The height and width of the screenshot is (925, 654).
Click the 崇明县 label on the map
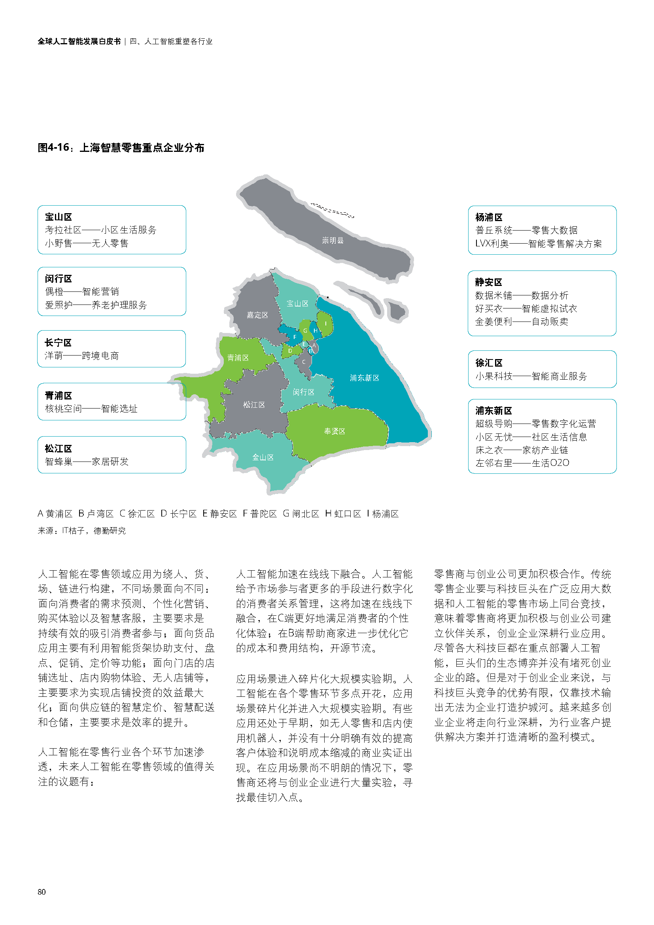(x=333, y=240)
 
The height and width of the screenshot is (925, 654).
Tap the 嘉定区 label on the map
(x=257, y=315)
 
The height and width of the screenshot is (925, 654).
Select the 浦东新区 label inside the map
(x=365, y=378)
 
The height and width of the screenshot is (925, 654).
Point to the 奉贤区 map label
(x=335, y=431)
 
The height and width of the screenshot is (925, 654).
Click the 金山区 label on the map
(x=263, y=457)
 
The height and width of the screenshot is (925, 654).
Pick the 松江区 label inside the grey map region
(x=254, y=405)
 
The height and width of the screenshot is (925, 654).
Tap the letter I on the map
(x=326, y=323)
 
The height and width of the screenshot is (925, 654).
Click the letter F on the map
(x=295, y=337)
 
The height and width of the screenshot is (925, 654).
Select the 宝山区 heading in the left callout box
(x=59, y=217)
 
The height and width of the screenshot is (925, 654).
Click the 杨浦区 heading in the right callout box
(x=489, y=218)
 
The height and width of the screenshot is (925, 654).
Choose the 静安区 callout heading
(x=488, y=282)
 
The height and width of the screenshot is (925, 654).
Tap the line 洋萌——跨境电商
(x=82, y=356)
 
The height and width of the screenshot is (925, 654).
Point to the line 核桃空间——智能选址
(x=91, y=409)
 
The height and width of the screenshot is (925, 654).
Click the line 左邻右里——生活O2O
(x=522, y=463)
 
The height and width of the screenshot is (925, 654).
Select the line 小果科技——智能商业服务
(x=531, y=376)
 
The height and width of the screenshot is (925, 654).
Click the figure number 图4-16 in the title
(x=53, y=148)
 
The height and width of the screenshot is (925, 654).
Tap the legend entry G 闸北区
(x=301, y=514)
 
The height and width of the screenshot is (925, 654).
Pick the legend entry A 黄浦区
(x=55, y=514)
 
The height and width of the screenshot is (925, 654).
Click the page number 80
(x=42, y=892)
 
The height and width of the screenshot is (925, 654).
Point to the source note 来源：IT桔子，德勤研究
(x=82, y=531)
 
